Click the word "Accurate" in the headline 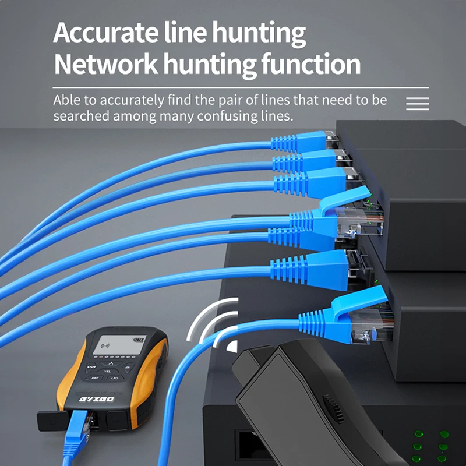tap(102, 34)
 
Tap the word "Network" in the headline tap(103, 64)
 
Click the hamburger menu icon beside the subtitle tap(417, 104)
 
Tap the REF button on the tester tap(94, 377)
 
